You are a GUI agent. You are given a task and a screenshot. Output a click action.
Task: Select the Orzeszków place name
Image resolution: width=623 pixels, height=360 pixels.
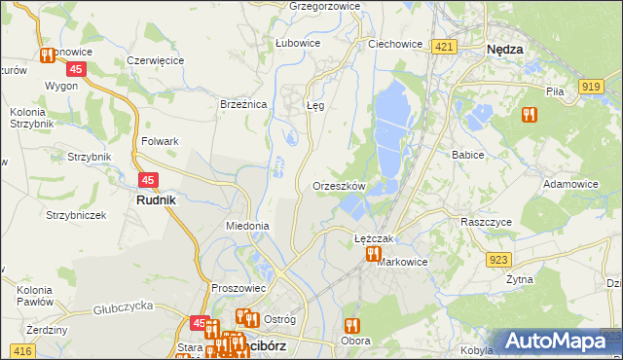pos(339,185)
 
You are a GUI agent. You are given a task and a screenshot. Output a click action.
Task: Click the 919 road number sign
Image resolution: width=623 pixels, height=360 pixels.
pos(589,87)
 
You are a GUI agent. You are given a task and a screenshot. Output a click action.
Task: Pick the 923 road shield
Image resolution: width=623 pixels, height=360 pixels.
pos(499,258)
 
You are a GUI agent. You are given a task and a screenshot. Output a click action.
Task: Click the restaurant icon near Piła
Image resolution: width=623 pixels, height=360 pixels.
pos(529,114)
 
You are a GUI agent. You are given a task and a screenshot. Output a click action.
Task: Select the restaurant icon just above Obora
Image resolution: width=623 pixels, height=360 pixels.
pos(351,325)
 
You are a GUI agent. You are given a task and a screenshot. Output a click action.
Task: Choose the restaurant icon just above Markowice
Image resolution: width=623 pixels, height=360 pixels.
pos(373,254)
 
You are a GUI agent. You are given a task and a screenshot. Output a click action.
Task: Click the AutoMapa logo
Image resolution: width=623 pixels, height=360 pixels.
pos(556,341)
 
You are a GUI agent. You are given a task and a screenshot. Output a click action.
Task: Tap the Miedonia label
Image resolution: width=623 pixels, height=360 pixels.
pos(246,226)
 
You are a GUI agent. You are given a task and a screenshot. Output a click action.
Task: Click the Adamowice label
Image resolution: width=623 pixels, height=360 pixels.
pos(570,183)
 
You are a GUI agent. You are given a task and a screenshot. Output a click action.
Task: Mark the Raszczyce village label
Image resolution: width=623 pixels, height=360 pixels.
pos(486,221)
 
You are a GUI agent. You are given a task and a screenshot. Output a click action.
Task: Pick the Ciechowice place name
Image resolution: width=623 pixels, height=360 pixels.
pos(394,44)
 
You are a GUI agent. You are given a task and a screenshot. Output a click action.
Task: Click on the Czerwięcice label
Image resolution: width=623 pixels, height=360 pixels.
pos(156,60)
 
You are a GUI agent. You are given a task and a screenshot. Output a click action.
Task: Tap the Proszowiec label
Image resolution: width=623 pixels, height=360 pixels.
pos(238,288)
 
